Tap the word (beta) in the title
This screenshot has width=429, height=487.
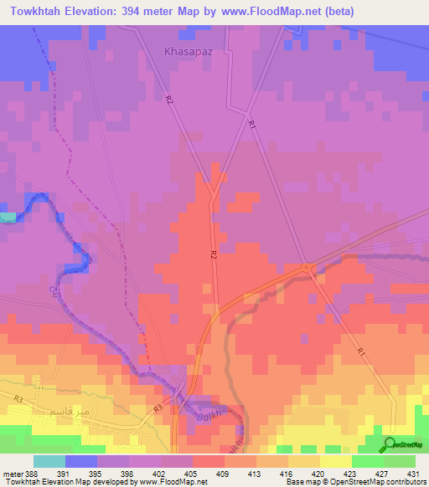tap(342, 12)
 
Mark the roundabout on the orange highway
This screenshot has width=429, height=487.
tap(307, 268)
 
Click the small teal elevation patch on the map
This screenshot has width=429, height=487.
tap(7, 217)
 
